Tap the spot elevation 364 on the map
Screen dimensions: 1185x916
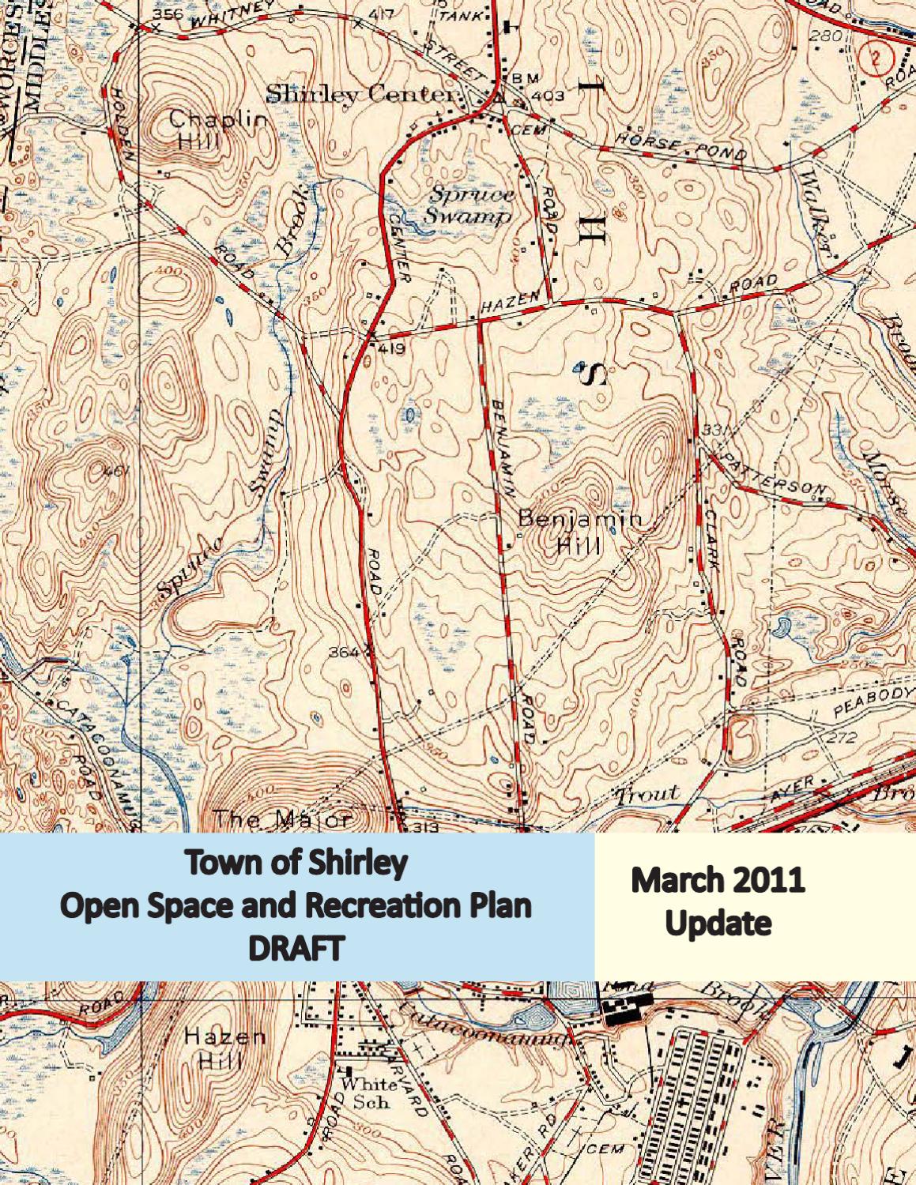tap(344, 653)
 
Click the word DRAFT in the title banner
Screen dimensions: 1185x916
tap(296, 947)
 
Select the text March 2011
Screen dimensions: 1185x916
tap(717, 879)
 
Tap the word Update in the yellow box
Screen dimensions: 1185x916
tap(718, 923)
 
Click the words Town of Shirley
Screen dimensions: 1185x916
tap(296, 862)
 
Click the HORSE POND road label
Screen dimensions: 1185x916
tap(680, 147)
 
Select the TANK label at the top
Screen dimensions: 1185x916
tap(458, 16)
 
